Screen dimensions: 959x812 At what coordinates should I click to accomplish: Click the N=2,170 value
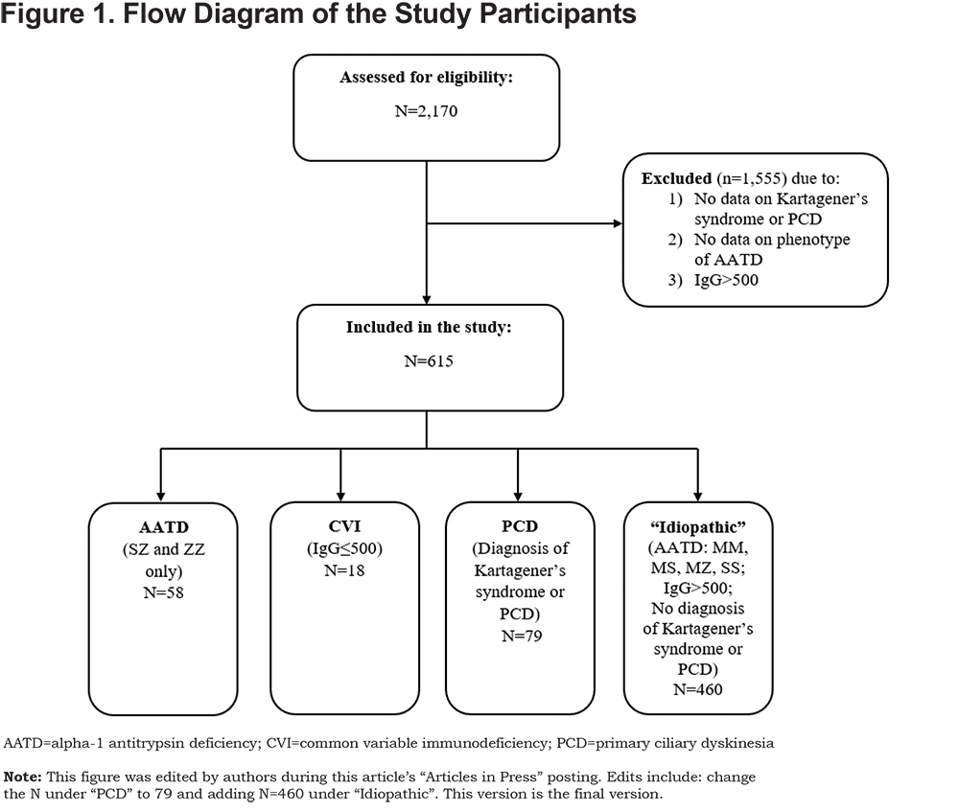426,111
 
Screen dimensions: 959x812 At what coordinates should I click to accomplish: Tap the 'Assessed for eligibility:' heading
427,78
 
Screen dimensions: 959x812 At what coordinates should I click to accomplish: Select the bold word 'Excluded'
676,178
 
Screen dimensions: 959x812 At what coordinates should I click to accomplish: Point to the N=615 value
428,361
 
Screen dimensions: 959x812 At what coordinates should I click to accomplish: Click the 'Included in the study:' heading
429,328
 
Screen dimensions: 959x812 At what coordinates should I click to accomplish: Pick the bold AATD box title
164,527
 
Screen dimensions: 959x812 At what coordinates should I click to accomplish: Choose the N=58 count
163,592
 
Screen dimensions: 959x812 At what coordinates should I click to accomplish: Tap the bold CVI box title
344,526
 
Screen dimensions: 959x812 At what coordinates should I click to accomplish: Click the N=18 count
344,570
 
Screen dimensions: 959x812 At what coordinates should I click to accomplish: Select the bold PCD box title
520,526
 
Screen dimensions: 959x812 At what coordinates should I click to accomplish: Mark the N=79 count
522,636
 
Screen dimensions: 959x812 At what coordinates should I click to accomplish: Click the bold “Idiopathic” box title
698,527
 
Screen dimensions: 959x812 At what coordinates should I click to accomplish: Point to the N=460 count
698,689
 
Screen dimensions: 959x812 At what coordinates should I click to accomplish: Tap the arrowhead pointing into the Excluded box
618,223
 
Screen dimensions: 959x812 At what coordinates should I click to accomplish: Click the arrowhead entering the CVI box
340,497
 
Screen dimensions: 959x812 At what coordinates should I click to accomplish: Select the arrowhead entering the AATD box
161,497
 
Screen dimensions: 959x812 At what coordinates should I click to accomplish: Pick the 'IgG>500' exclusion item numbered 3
726,280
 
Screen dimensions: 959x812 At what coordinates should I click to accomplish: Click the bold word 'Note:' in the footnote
23,777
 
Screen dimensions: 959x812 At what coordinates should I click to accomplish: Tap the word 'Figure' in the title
41,14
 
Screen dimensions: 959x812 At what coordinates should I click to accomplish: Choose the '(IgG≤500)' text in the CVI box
344,548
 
